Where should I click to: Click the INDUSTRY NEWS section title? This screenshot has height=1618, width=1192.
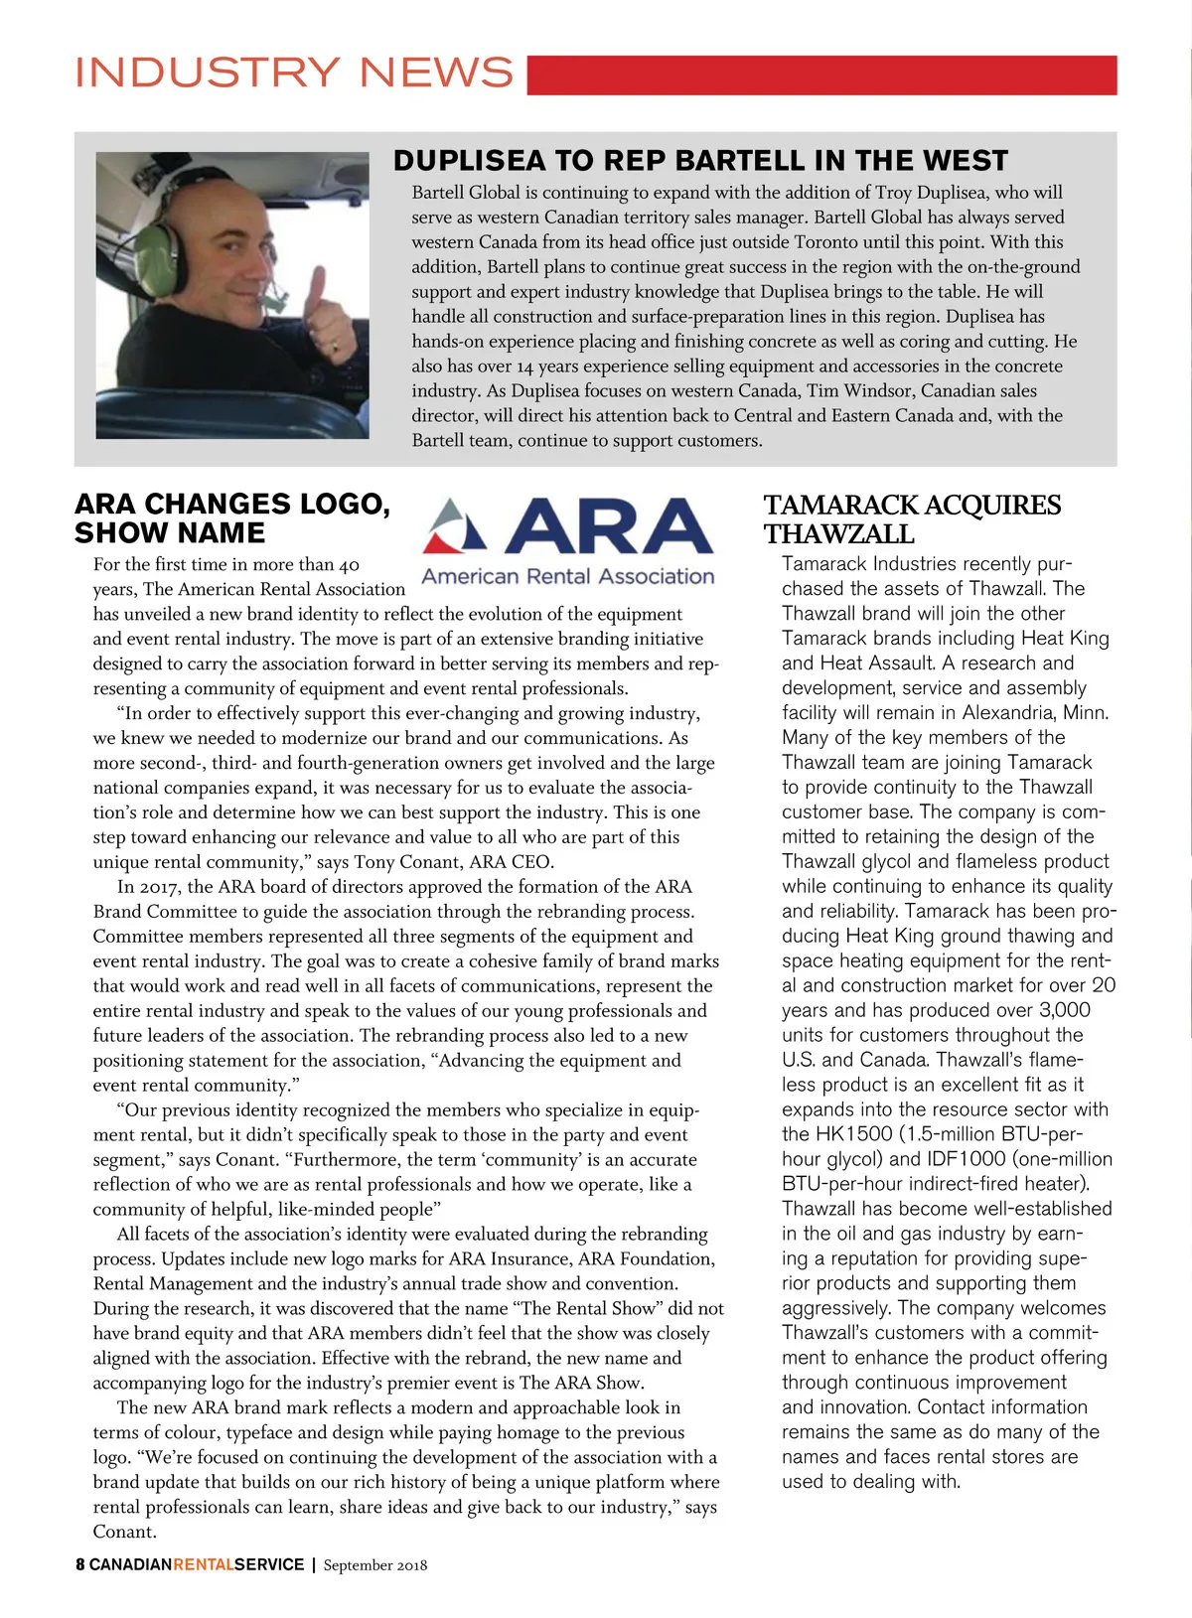pyautogui.click(x=294, y=74)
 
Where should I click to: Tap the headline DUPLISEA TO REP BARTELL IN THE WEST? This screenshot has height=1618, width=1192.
pyautogui.click(x=700, y=161)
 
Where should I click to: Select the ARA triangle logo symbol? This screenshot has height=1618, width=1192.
pyautogui.click(x=455, y=526)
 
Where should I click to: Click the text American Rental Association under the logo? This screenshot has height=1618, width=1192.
pyautogui.click(x=567, y=576)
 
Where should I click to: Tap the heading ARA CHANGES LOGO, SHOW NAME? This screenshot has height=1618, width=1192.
pyautogui.click(x=232, y=518)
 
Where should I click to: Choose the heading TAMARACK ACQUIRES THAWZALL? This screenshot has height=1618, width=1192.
pyautogui.click(x=912, y=519)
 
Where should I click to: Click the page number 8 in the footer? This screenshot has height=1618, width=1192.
pyautogui.click(x=80, y=1564)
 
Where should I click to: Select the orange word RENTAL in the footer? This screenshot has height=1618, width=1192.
pyautogui.click(x=204, y=1564)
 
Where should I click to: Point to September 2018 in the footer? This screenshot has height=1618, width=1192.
pyautogui.click(x=375, y=1565)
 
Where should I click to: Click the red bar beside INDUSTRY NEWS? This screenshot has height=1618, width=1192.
pyautogui.click(x=821, y=75)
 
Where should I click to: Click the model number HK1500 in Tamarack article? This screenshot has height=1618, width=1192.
pyautogui.click(x=854, y=1134)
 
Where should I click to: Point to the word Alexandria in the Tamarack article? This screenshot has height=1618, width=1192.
pyautogui.click(x=1008, y=712)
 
